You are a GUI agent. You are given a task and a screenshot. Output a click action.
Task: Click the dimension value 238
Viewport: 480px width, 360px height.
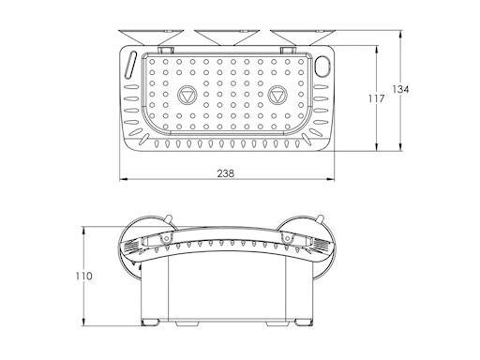point(226,172)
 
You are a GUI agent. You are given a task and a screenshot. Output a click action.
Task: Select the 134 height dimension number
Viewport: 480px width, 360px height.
point(401,89)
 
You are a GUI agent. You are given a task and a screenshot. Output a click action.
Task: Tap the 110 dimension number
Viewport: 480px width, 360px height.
point(84,276)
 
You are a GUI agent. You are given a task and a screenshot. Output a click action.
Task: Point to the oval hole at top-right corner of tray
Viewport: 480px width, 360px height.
point(325,66)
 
